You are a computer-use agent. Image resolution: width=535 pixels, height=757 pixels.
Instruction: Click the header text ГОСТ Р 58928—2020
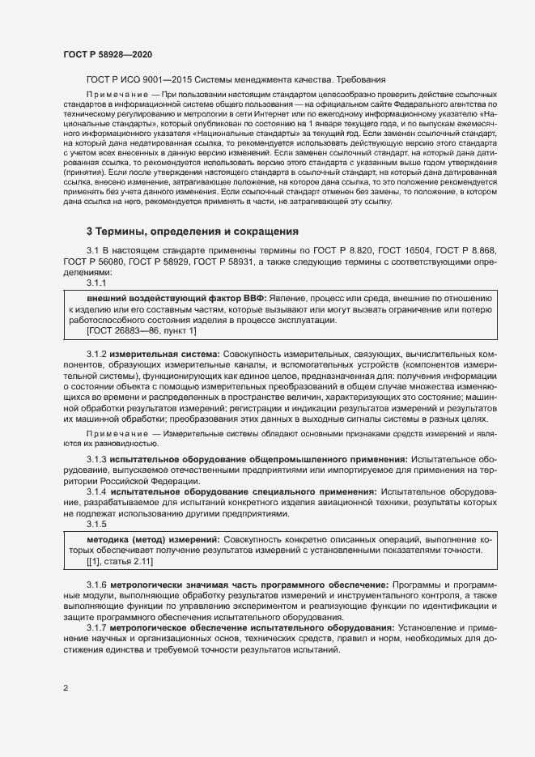click(x=107, y=53)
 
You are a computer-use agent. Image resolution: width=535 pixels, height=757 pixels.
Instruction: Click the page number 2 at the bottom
click(x=66, y=689)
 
